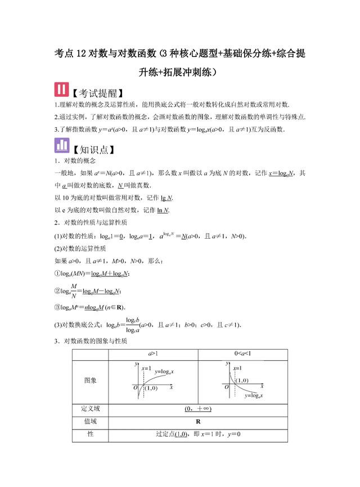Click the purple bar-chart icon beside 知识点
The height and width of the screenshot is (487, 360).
[62, 148]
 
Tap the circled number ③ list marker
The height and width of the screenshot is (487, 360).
[58, 307]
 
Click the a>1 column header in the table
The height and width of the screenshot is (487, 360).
[153, 354]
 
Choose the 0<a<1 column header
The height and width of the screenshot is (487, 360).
[243, 354]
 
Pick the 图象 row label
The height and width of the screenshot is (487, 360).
[90, 381]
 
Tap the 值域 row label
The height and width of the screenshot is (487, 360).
[90, 421]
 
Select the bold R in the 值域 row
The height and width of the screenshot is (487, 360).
[198, 421]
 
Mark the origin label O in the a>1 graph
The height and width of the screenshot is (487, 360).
[135, 388]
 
